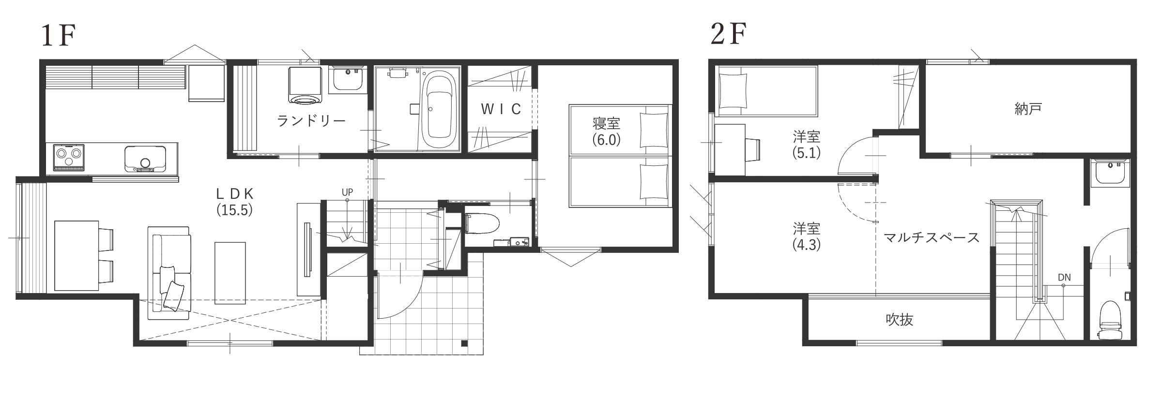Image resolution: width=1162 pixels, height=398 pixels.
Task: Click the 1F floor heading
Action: [x=59, y=36]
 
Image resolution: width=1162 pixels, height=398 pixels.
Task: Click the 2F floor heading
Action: [x=728, y=33]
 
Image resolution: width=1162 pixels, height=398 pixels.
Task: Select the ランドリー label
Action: [x=311, y=120]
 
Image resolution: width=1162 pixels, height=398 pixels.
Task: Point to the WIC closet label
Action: [x=501, y=109]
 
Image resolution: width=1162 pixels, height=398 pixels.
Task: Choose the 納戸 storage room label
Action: [x=1028, y=109]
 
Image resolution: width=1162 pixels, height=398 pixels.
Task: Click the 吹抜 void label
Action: [x=899, y=319]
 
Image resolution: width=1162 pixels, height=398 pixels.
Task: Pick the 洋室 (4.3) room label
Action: [x=807, y=236]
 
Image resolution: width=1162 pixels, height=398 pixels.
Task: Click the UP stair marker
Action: [x=347, y=192]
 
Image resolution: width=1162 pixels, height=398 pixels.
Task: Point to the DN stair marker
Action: [x=1064, y=278]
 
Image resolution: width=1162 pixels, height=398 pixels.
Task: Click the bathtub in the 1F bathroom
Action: [x=439, y=112]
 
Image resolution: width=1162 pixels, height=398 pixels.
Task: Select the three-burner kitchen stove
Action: [x=68, y=157]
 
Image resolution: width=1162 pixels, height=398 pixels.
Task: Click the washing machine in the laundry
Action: [x=306, y=86]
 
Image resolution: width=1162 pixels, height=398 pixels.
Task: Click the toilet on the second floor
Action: [x=1111, y=321]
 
